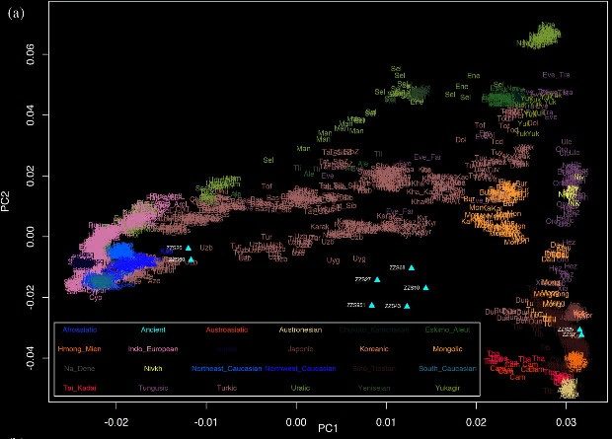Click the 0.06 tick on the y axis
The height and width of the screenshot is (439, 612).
point(31,58)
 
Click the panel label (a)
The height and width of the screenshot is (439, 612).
point(16,14)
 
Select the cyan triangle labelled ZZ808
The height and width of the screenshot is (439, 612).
point(412,267)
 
